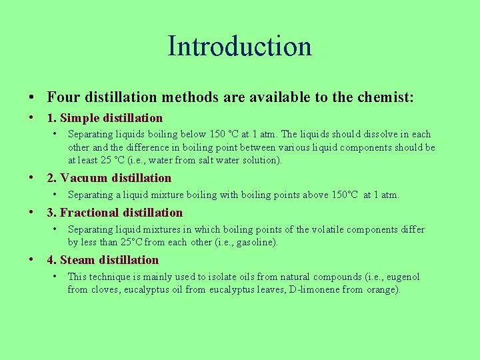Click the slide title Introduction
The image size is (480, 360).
pyautogui.click(x=239, y=46)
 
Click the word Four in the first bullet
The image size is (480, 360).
pyautogui.click(x=62, y=97)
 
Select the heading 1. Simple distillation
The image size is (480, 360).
pyautogui.click(x=105, y=118)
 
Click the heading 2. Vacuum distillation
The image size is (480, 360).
pyautogui.click(x=109, y=178)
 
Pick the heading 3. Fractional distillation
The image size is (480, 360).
pyautogui.click(x=115, y=213)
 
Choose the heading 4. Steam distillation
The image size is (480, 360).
pyautogui.click(x=103, y=260)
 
